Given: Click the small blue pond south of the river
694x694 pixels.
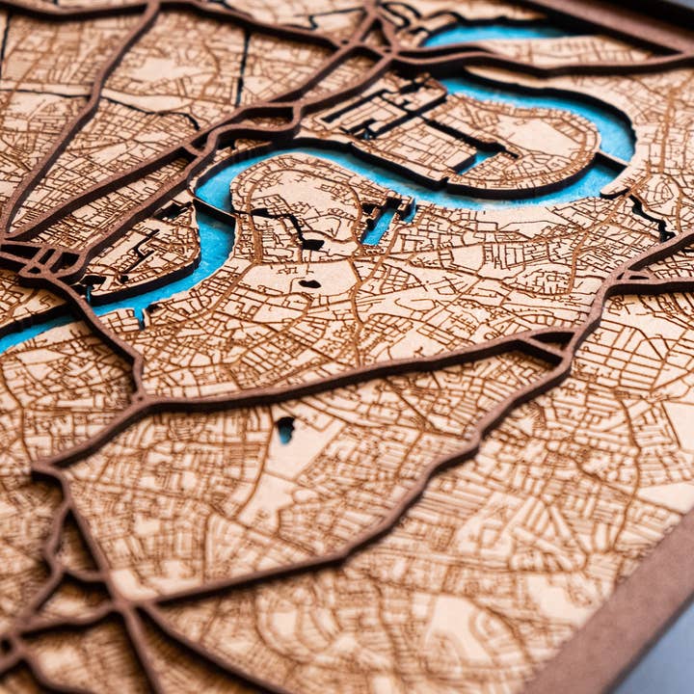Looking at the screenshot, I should point(285,429).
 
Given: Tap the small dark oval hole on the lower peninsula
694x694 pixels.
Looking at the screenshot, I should point(309,283).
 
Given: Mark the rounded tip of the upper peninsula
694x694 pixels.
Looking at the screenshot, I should point(578,145).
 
